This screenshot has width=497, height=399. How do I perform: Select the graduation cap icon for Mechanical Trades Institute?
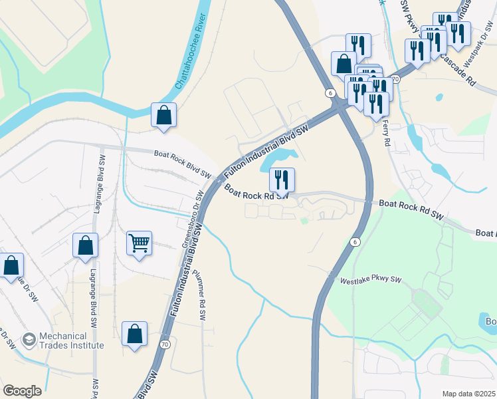tap(29, 340)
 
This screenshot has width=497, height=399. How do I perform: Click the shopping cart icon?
tap(139, 243)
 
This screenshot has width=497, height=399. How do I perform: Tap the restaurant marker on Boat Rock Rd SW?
tap(282, 180)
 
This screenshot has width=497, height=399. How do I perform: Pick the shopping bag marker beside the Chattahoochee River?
tap(163, 115)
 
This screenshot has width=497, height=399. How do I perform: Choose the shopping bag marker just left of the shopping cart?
tap(86, 245)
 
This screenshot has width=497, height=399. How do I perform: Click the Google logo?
tap(22, 391)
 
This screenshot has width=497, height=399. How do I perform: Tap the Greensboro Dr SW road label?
tap(192, 220)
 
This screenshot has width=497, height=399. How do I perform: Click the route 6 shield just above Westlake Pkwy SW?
tap(355, 242)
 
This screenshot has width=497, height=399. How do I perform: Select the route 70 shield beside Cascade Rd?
tap(395, 79)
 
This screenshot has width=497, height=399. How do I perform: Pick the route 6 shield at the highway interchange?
tap(329, 94)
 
